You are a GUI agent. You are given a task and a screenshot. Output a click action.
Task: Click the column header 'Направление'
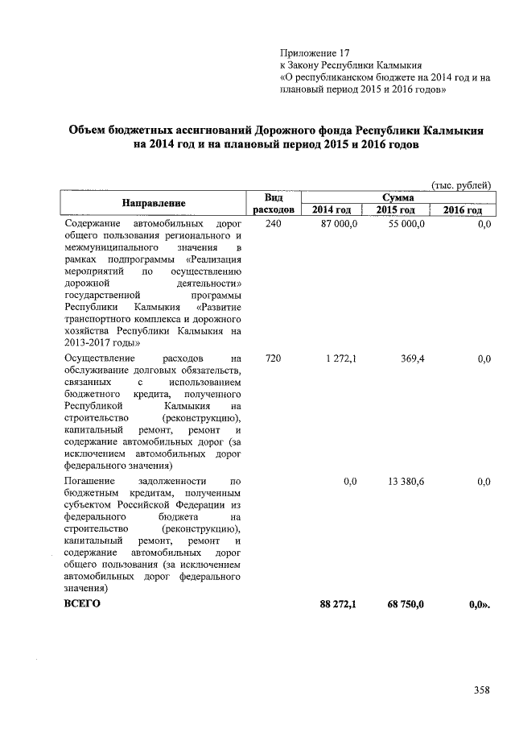tap(154, 202)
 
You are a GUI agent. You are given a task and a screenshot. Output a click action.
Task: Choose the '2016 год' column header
tap(462, 209)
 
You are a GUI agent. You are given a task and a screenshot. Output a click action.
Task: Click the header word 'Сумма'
tap(398, 197)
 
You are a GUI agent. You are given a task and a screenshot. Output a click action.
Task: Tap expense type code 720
tap(273, 358)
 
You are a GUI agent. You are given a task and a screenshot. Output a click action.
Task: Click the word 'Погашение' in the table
tap(89, 480)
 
